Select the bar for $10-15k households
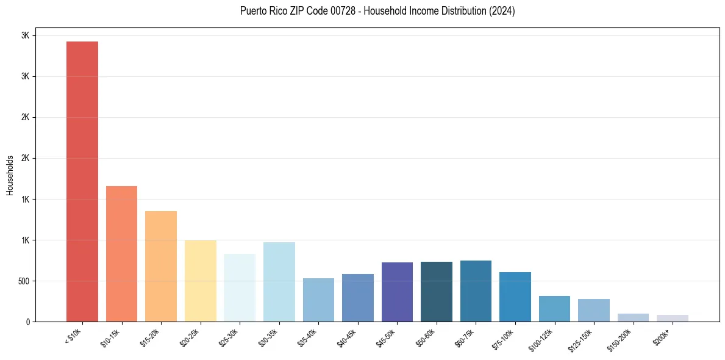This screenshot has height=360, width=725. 121,254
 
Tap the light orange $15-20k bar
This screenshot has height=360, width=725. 161,266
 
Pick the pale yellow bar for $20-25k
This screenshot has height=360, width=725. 201,281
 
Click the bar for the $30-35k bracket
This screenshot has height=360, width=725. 279,282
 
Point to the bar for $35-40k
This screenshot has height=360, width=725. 318,300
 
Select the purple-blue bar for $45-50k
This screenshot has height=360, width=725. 397,292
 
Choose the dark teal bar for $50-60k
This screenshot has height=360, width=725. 437,292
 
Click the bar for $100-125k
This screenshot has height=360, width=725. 554,309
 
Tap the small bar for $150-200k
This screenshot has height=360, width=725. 633,317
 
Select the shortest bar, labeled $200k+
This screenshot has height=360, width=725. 673,318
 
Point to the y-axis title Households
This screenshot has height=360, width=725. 10,175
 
